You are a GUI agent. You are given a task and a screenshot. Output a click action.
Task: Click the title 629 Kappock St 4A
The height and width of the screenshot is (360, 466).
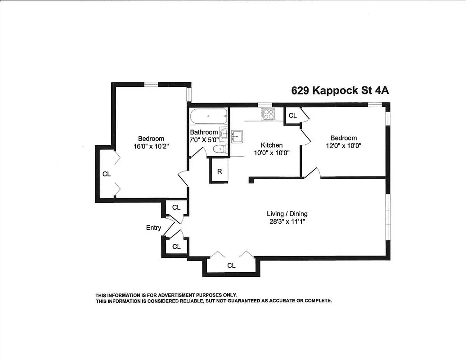[340, 90]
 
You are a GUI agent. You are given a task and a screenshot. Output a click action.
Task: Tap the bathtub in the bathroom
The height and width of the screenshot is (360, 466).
[208, 117]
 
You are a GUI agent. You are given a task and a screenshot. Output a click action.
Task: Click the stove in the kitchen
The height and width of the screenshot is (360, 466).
[268, 114]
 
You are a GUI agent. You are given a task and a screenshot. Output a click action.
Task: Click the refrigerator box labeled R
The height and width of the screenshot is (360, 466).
[220, 171]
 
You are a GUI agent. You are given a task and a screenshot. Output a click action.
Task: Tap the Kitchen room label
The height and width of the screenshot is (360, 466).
[272, 145]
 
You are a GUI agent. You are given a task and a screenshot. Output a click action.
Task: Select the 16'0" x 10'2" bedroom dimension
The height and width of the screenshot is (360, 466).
[151, 146]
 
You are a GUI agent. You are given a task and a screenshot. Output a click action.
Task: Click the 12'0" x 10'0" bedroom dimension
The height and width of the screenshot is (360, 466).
[344, 145]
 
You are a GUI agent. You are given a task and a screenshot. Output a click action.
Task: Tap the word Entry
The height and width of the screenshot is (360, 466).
[153, 228]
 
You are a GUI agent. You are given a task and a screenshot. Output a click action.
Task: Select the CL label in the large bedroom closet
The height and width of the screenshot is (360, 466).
[106, 174]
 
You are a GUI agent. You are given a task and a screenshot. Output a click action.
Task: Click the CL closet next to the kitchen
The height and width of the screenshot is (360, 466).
[292, 116]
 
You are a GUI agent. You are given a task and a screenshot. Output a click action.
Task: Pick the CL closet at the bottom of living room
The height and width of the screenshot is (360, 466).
[231, 265]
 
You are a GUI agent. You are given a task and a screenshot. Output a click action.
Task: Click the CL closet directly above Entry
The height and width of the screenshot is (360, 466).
[176, 207]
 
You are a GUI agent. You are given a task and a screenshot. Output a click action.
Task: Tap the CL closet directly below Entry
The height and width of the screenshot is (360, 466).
[176, 247]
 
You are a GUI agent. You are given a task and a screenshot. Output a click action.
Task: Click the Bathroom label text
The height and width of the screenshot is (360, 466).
[204, 132]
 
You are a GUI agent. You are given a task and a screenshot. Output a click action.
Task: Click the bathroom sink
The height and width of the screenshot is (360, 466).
[224, 132]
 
